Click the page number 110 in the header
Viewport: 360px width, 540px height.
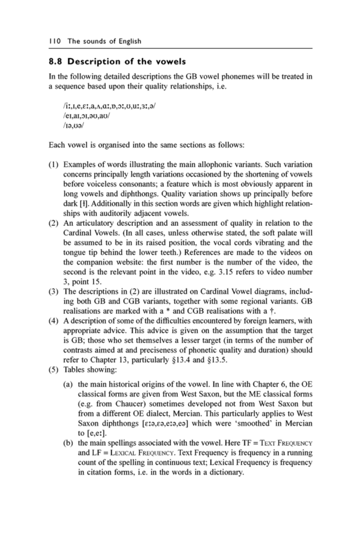coord(55,41)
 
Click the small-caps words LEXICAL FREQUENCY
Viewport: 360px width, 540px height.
coord(143,453)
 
